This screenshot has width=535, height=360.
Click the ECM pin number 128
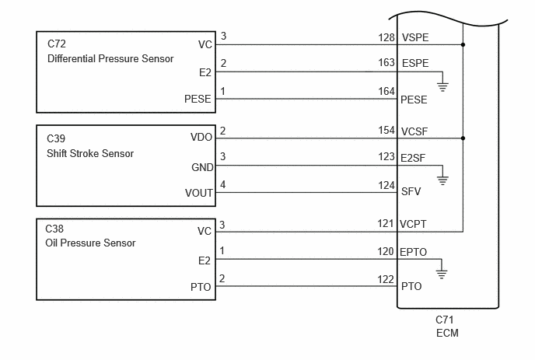coord(386,37)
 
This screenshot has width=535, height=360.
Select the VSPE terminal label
coord(415,37)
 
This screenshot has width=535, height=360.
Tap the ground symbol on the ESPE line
coord(442,86)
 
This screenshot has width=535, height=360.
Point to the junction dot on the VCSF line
coord(463,138)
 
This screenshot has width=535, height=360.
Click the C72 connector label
coord(57,44)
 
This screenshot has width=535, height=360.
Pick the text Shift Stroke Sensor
coord(90,153)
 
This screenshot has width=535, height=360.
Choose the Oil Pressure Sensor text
coord(90,243)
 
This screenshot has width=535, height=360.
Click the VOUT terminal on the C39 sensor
coord(199,193)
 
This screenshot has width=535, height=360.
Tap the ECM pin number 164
coord(386,92)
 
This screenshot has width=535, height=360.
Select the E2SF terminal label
coord(413,158)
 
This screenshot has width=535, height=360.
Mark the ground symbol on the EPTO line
coord(442,274)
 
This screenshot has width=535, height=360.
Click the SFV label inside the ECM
coord(411,191)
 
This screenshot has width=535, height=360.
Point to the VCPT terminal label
coord(413,224)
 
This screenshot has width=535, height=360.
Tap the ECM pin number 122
coord(386,279)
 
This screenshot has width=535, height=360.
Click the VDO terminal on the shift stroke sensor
coord(201,137)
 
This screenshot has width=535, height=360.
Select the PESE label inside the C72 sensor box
coord(198,99)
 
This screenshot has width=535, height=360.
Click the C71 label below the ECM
coord(445,320)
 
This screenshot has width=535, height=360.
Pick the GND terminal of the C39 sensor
coord(202,167)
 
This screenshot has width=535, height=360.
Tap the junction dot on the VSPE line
coord(463,44)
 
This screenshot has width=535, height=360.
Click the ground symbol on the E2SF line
coord(442,180)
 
